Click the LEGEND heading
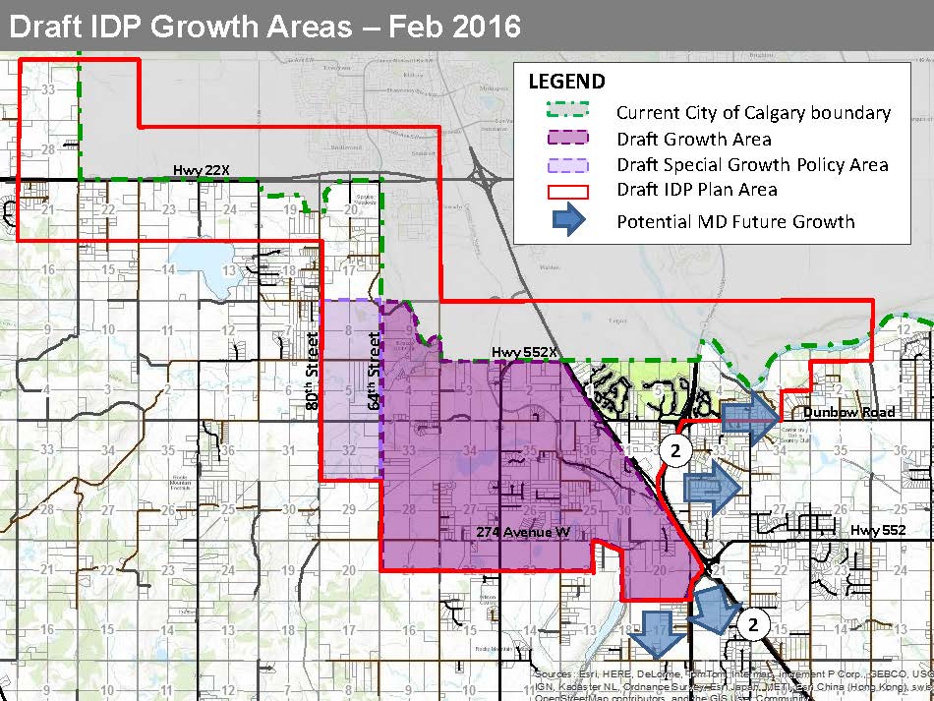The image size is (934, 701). coord(566,82)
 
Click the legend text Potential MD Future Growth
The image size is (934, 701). coord(735,220)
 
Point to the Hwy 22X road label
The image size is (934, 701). coord(202,171)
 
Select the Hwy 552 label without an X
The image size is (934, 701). coord(877,530)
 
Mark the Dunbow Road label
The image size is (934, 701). coord(848,412)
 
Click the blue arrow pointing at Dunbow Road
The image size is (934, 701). coord(753,417)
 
